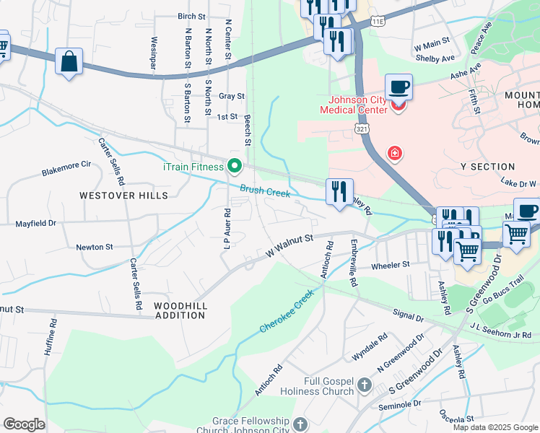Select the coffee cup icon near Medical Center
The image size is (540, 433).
point(399,88)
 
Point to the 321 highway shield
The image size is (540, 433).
point(362,128)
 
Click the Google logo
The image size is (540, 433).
point(24,424)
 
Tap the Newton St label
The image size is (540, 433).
point(95,247)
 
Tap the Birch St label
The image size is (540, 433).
point(191,15)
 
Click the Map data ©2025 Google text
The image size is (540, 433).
point(495,427)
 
